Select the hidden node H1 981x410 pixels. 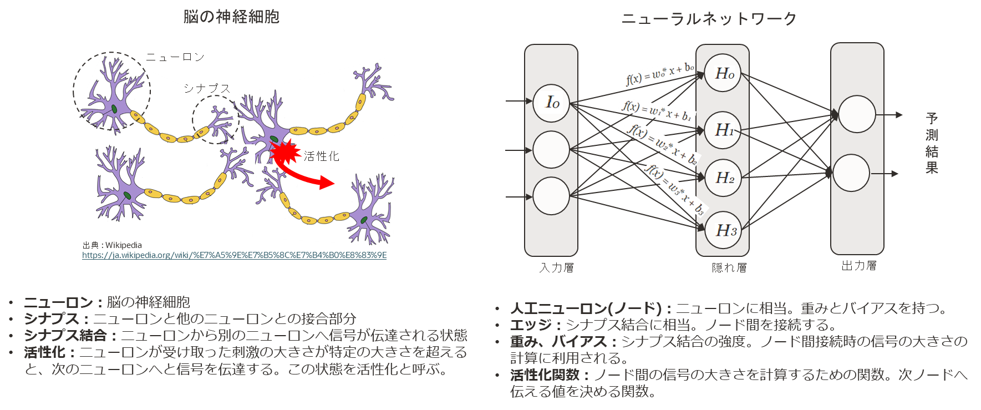pyautogui.click(x=723, y=130)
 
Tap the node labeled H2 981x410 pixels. pyautogui.click(x=723, y=178)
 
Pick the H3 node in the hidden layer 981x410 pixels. pyautogui.click(x=723, y=230)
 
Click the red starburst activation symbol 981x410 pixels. pyautogui.click(x=285, y=151)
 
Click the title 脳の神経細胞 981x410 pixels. pyautogui.click(x=231, y=17)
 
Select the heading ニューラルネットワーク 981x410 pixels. pyautogui.click(x=709, y=19)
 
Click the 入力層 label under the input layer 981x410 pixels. pyautogui.click(x=557, y=268)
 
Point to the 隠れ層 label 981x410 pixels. pyautogui.click(x=729, y=268)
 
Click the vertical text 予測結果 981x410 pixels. pyautogui.click(x=932, y=143)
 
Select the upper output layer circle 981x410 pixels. pyautogui.click(x=857, y=114)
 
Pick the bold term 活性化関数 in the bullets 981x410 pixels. pyautogui.click(x=545, y=375)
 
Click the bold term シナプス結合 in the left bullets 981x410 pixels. pyautogui.click(x=65, y=336)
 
